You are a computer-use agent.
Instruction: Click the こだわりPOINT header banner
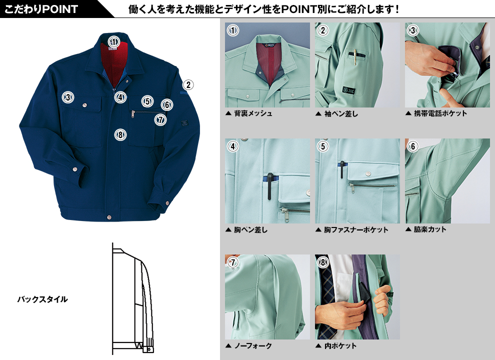click(x=41, y=9)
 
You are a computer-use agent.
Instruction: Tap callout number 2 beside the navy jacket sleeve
click(x=188, y=84)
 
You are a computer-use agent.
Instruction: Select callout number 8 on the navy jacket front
click(x=120, y=135)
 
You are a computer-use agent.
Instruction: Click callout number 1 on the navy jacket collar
click(x=113, y=41)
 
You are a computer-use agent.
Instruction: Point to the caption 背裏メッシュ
click(x=253, y=113)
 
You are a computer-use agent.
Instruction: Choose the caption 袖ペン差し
click(x=341, y=113)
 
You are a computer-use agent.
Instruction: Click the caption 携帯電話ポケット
click(x=440, y=113)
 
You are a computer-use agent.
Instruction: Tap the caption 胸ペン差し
click(x=250, y=230)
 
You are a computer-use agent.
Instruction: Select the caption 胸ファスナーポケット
click(x=356, y=230)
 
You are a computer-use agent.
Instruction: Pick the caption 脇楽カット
click(x=430, y=229)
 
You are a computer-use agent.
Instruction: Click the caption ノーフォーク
click(x=253, y=346)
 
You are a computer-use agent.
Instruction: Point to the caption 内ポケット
click(x=340, y=346)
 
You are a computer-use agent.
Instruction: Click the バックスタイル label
click(x=42, y=299)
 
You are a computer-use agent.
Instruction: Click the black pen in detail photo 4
click(x=269, y=186)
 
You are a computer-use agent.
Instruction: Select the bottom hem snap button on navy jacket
click(x=109, y=217)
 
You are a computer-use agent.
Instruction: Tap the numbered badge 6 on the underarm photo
click(x=412, y=146)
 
